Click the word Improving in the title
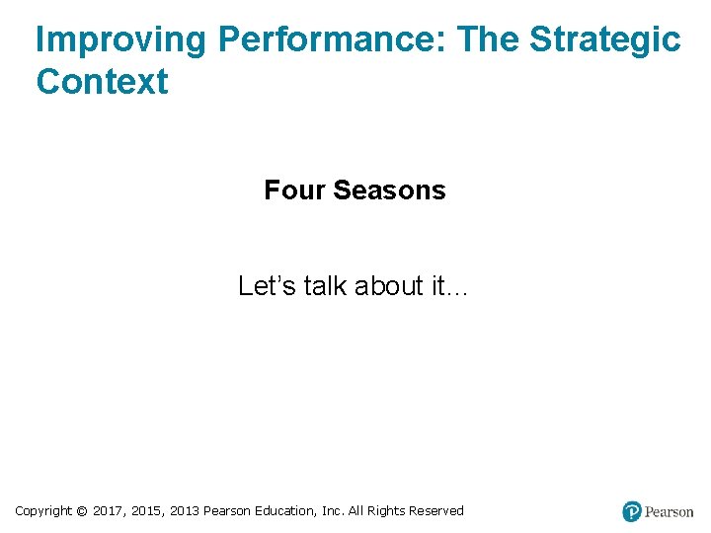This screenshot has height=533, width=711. [x=120, y=39]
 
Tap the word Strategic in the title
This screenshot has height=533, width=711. [x=604, y=39]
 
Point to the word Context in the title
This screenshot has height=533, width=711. [x=102, y=82]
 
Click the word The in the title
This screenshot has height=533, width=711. [x=490, y=39]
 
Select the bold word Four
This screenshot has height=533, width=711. [x=294, y=190]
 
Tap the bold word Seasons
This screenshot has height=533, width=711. [x=389, y=190]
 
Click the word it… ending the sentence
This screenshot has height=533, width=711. [x=450, y=286]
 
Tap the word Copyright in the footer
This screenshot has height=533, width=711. [x=43, y=511]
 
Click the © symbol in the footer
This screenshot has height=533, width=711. [x=82, y=511]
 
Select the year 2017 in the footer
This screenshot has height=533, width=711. [x=108, y=511]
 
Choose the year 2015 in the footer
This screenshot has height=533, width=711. [x=148, y=511]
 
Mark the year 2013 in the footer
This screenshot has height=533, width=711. [x=185, y=511]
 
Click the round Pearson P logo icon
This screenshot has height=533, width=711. [x=632, y=511]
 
